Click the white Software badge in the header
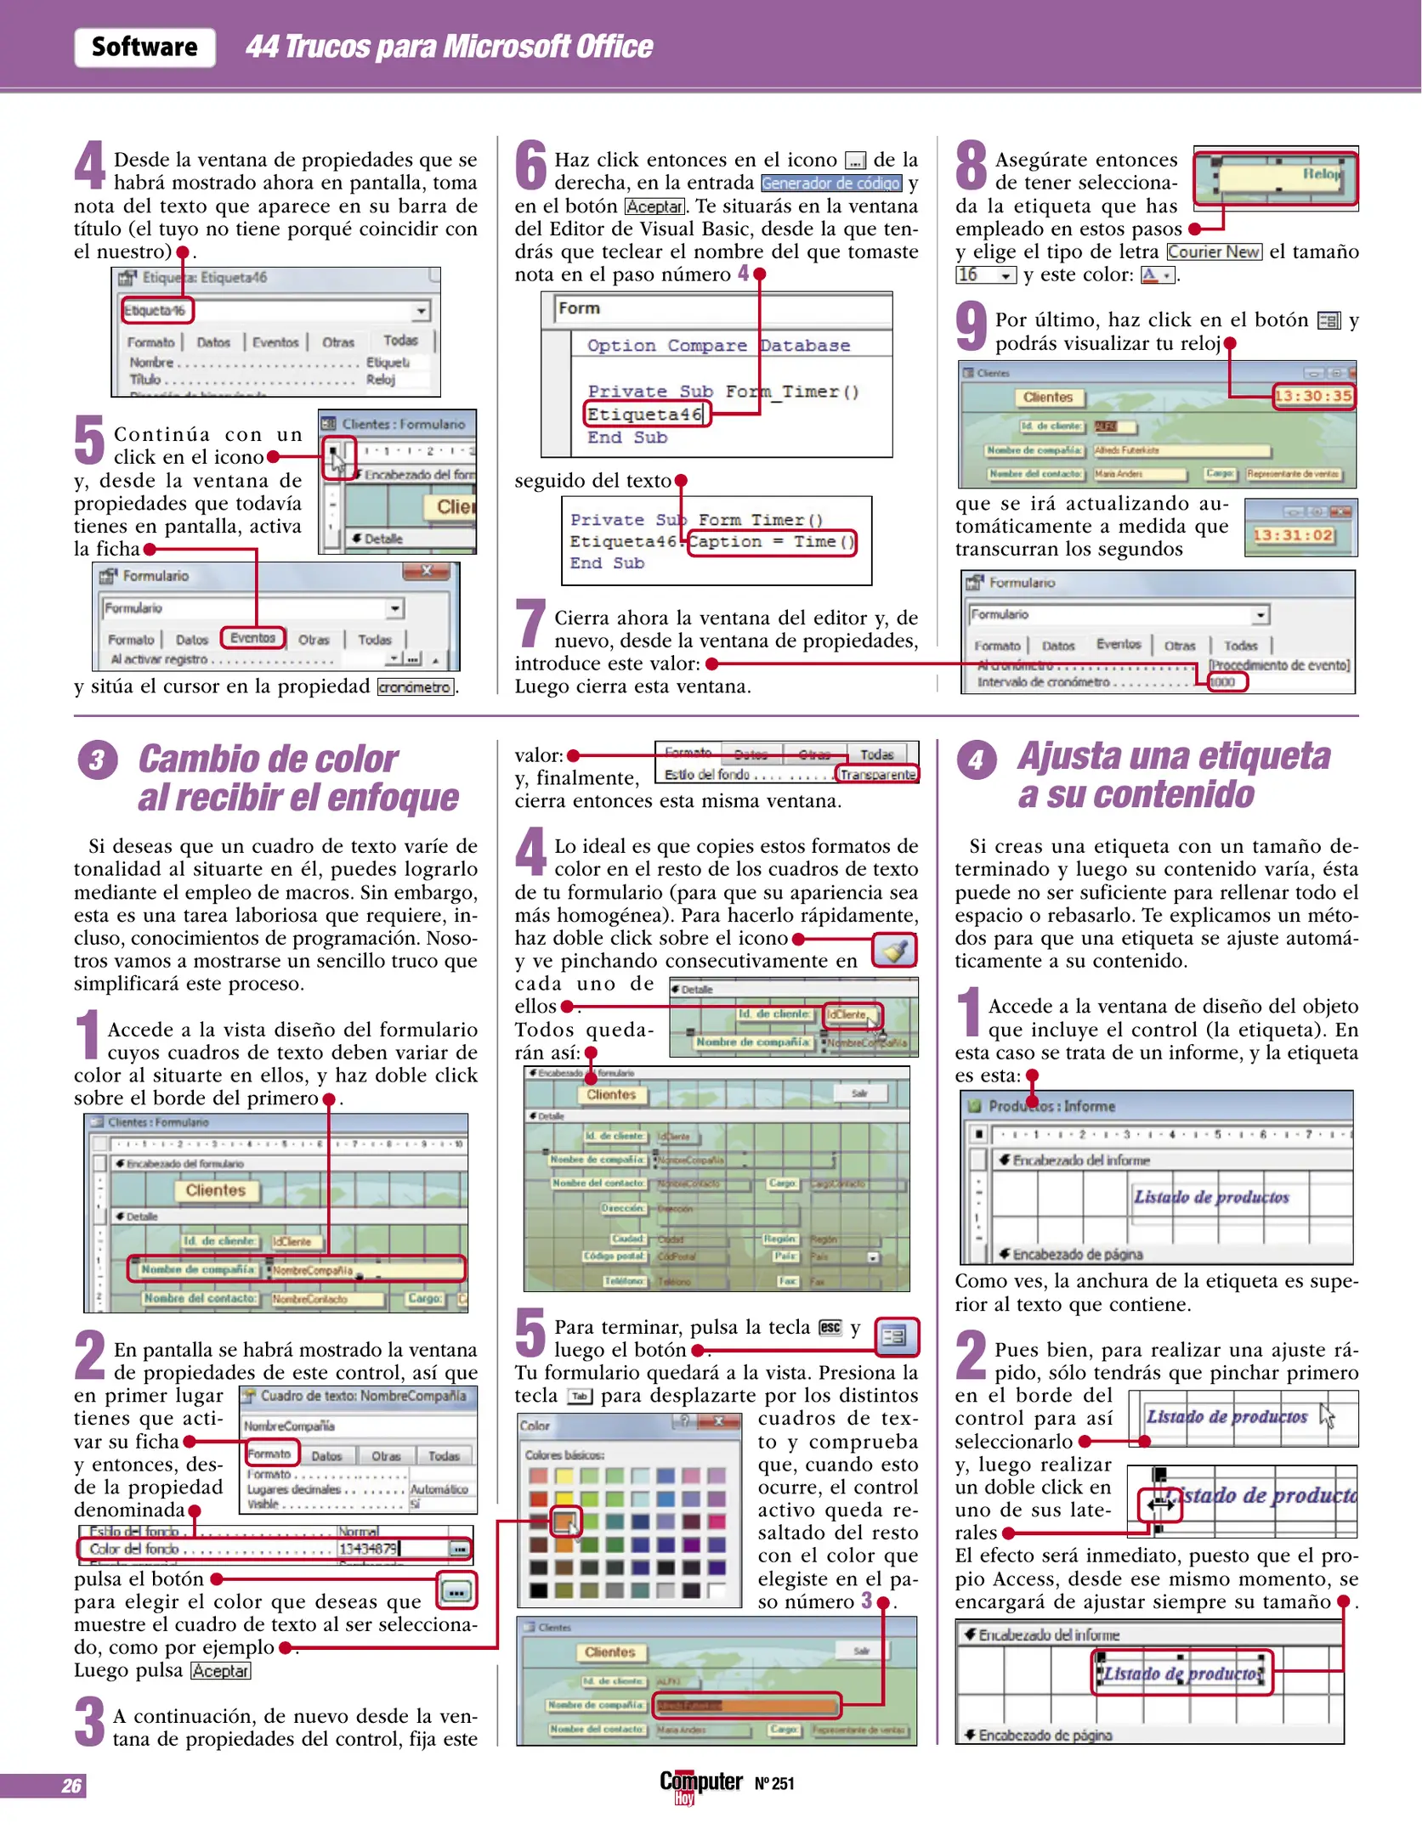click(x=144, y=47)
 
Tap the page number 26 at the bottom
click(x=71, y=1786)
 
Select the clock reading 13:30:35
click(x=1312, y=396)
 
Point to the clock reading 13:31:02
click(x=1293, y=535)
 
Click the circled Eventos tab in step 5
click(x=252, y=638)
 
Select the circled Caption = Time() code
click(x=771, y=542)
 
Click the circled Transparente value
click(x=878, y=774)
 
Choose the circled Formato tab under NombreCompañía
click(x=270, y=1454)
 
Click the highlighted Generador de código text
click(x=830, y=183)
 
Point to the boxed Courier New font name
click(x=1214, y=251)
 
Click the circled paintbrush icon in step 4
click(x=895, y=950)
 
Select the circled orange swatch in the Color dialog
click(x=565, y=1520)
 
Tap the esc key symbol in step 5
click(x=830, y=1327)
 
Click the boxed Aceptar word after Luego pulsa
click(x=220, y=1670)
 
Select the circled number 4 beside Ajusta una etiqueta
click(x=976, y=759)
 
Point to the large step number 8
click(x=972, y=166)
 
